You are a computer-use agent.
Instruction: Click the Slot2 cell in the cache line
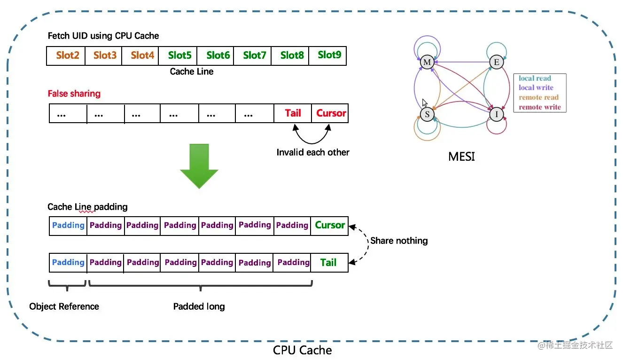point(67,55)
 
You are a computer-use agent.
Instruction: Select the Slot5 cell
point(179,55)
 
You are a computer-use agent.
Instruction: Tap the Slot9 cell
point(329,55)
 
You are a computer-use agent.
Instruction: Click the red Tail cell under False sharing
point(293,113)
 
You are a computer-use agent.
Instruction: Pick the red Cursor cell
point(331,113)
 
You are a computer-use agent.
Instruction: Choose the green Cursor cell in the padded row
point(330,225)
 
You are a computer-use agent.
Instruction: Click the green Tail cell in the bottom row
point(328,262)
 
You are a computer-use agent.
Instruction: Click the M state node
point(427,63)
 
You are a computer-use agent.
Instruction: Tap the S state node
point(427,114)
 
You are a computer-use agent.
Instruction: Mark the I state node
point(496,114)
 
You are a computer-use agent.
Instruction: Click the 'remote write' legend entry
point(540,107)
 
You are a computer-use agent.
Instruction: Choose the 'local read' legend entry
point(535,78)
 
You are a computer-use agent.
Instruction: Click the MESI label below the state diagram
point(461,157)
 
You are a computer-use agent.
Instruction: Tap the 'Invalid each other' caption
point(312,152)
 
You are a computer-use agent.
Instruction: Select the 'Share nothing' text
point(399,241)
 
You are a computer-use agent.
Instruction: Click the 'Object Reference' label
point(64,306)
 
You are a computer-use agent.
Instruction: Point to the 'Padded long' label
point(199,306)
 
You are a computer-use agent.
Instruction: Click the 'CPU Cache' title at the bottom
point(302,350)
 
